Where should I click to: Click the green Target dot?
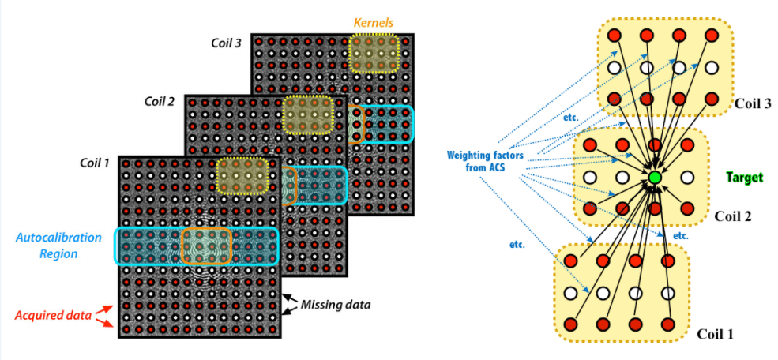point(654,176)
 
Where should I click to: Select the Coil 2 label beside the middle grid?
point(160,101)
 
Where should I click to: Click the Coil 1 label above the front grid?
point(95,163)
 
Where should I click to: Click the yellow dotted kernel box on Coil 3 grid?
point(374,53)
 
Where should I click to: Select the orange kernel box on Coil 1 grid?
point(207,246)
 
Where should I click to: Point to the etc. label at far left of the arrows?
point(517,243)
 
